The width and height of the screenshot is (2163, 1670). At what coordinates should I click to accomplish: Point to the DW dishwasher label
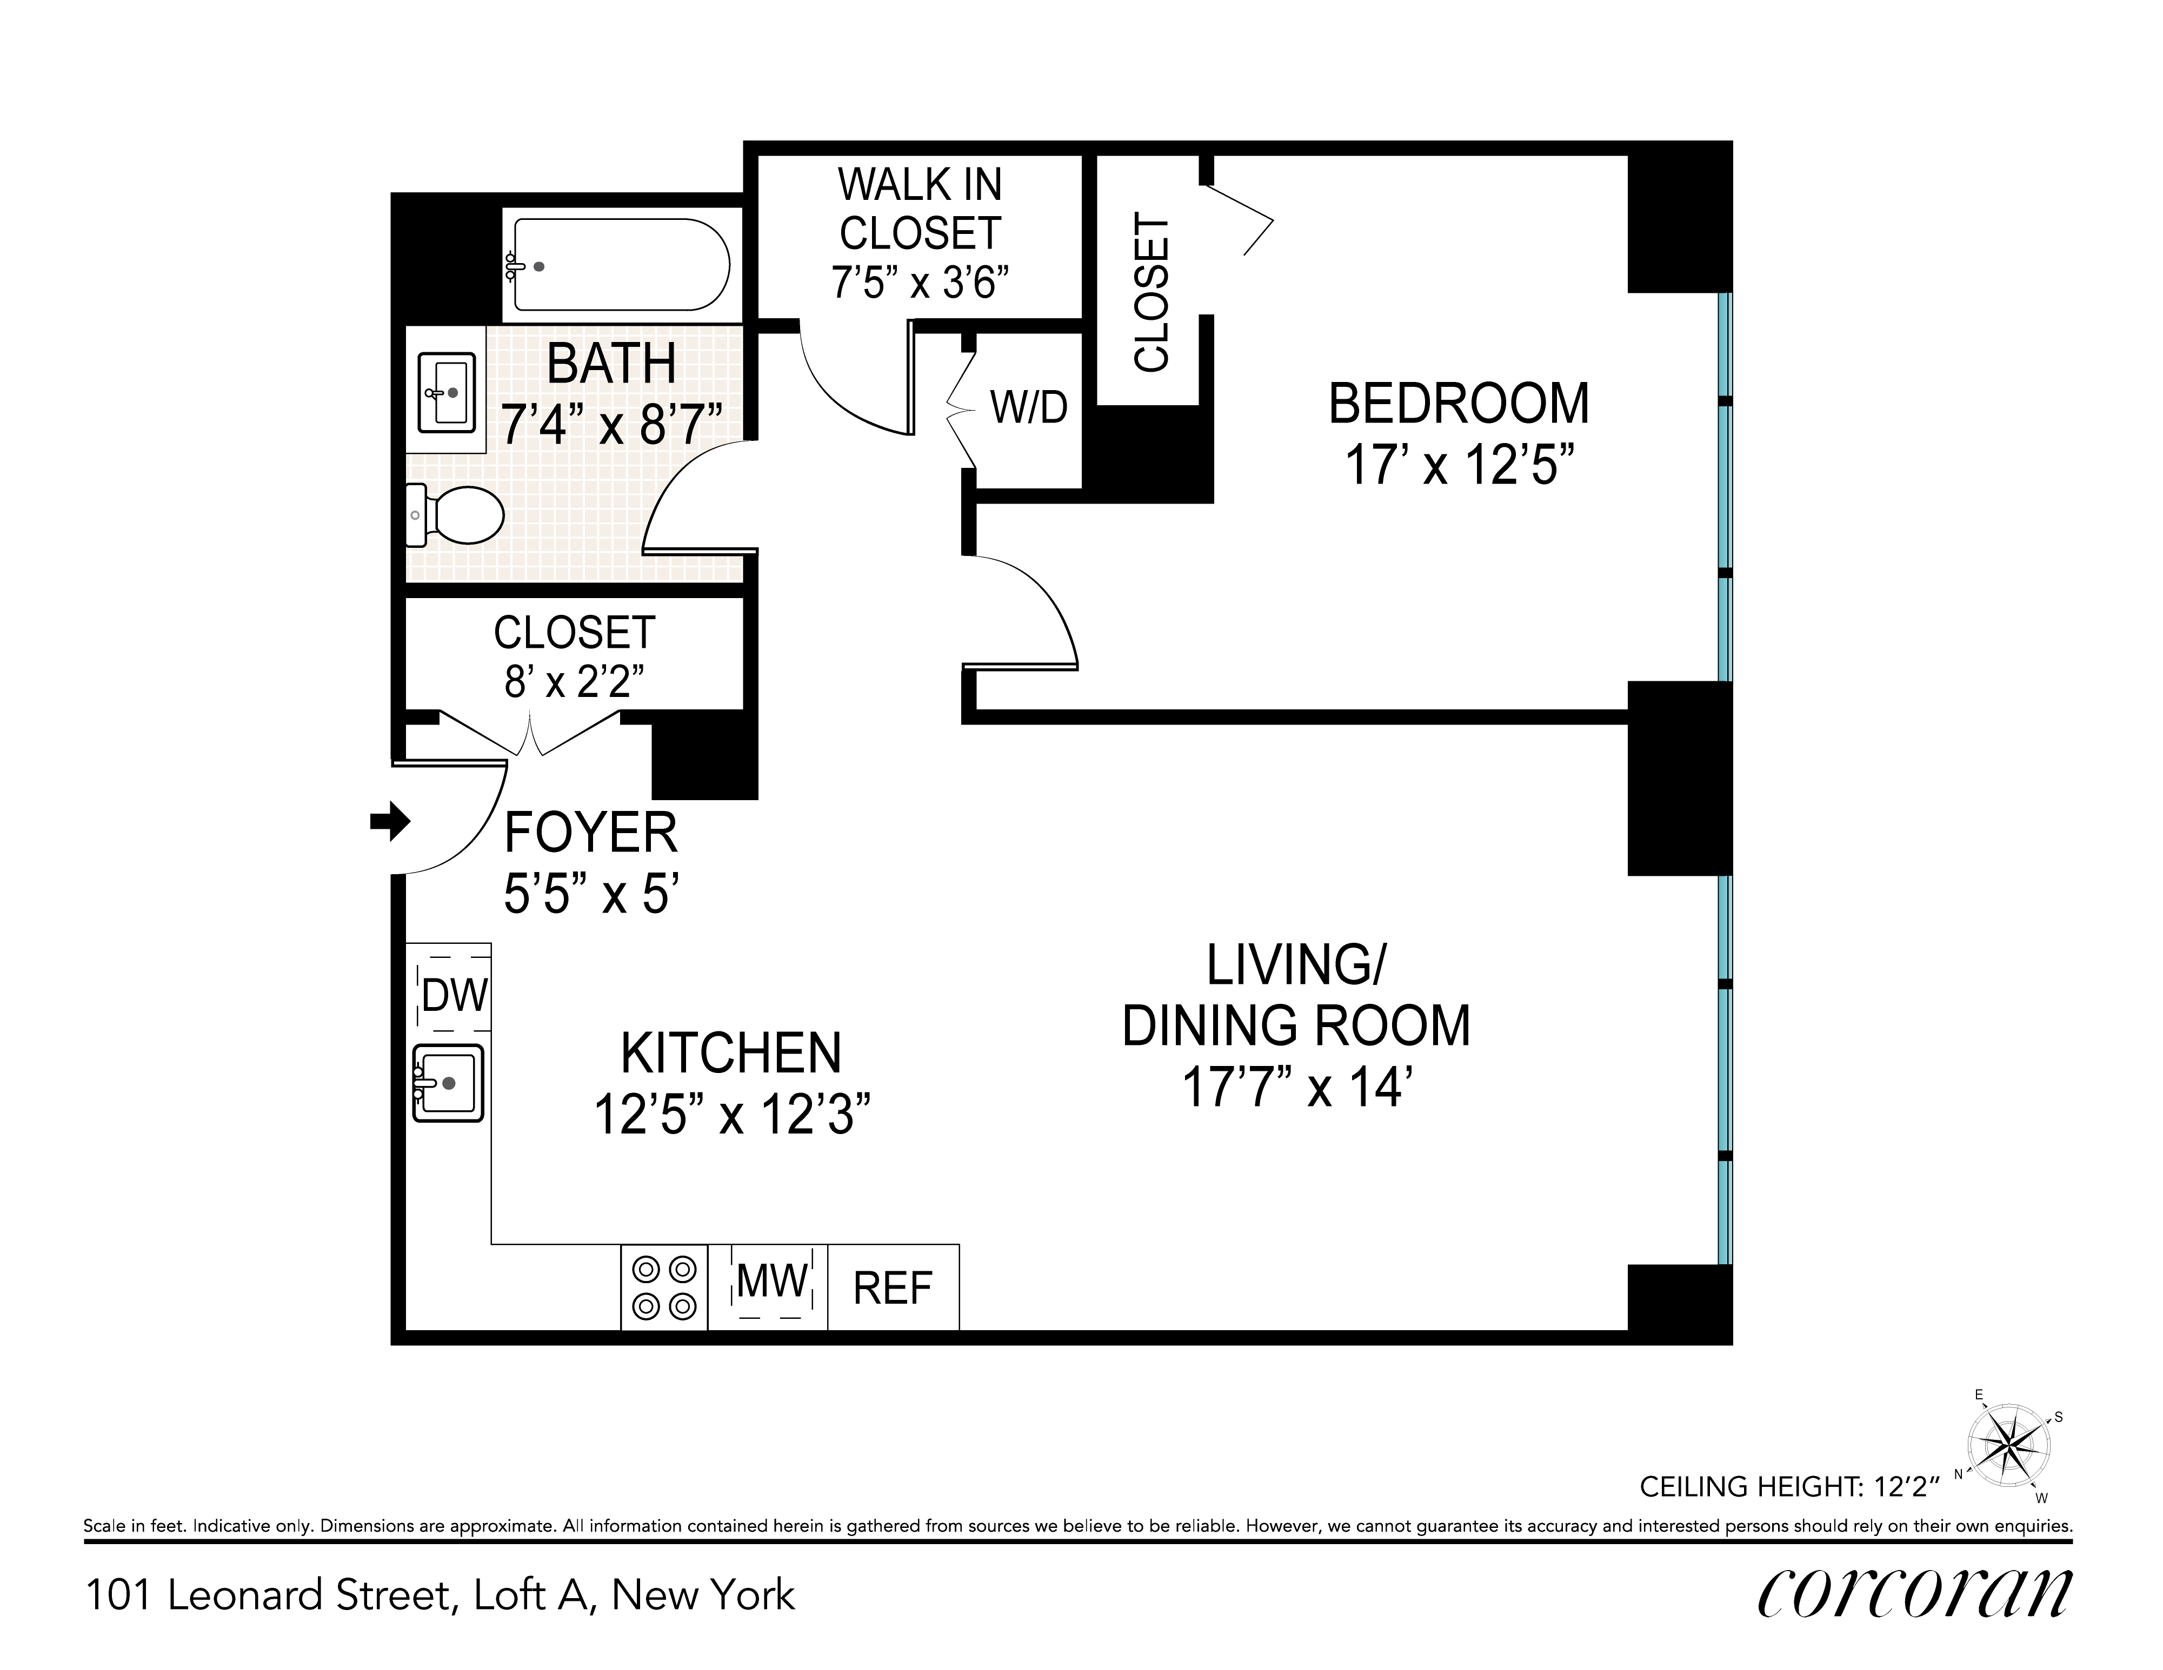pyautogui.click(x=455, y=996)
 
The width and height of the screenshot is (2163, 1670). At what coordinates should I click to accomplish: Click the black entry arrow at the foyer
pyautogui.click(x=390, y=821)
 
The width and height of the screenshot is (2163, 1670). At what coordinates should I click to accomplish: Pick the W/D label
pyautogui.click(x=1029, y=407)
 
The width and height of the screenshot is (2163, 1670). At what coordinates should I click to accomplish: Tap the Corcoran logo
pyautogui.click(x=1913, y=1593)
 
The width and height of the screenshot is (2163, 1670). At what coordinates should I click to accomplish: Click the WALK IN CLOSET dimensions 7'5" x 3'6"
pyautogui.click(x=920, y=283)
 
